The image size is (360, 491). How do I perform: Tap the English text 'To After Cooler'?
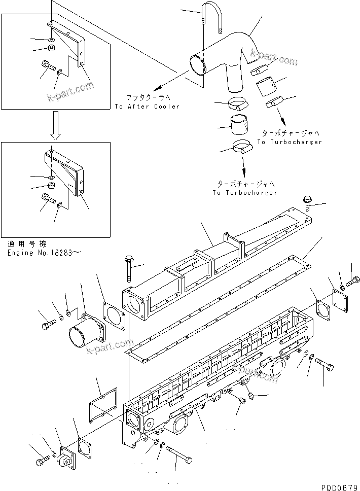tap(147, 107)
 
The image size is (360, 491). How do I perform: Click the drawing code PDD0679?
tap(339, 485)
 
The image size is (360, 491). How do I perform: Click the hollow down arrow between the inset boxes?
tap(56, 126)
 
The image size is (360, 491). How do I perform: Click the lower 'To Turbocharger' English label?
tap(245, 193)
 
